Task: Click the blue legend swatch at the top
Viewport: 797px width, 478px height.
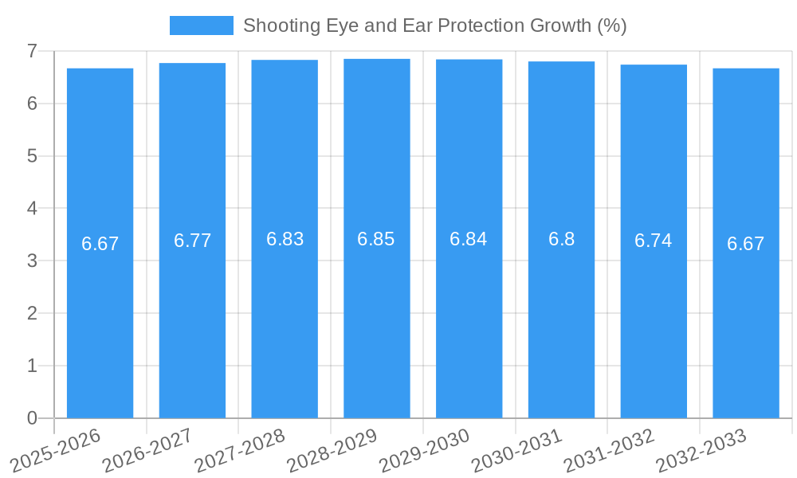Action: pos(202,25)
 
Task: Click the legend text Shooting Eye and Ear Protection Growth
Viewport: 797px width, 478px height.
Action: pos(434,25)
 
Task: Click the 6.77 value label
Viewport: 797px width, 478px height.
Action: pos(192,241)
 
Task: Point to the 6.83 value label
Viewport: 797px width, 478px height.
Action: pos(285,239)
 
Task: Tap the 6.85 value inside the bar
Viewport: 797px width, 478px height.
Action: pos(376,239)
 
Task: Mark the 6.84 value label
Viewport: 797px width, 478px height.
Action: pos(469,239)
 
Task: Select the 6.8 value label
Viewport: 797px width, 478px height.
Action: pos(561,239)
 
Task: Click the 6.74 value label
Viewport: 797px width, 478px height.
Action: pos(654,241)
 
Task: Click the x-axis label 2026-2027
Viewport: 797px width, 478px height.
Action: pos(148,450)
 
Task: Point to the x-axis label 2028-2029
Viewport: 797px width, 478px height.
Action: pos(332,450)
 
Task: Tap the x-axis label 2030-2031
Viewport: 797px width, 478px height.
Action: pos(517,450)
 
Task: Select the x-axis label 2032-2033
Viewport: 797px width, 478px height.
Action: pos(701,450)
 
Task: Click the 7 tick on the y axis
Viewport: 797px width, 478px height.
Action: pos(32,51)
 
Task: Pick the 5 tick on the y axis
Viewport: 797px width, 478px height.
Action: pos(32,156)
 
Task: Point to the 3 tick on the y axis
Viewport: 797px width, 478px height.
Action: pos(32,261)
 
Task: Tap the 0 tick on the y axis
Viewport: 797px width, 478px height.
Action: pos(32,418)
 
